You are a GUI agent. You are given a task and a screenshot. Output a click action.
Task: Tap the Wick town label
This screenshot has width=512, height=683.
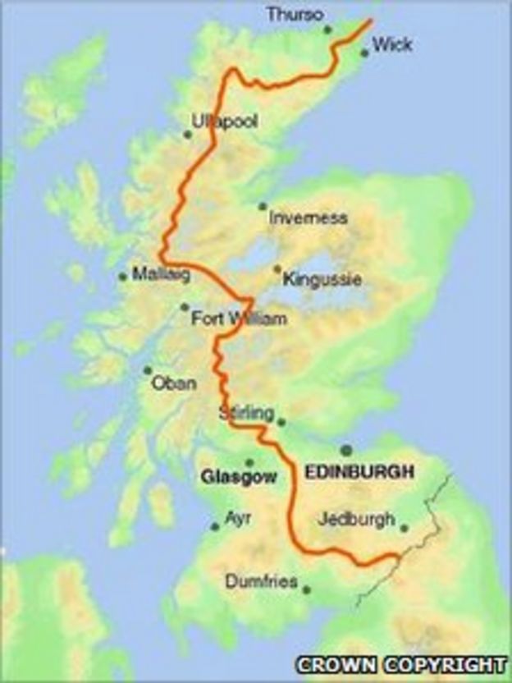click(391, 44)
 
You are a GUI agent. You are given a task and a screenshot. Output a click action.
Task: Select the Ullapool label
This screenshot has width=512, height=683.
click(224, 121)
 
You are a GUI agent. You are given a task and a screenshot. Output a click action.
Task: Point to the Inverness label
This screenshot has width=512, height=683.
click(309, 218)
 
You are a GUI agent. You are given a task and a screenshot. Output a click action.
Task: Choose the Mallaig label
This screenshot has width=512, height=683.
click(161, 275)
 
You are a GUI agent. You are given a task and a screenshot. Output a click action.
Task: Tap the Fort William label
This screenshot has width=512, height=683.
click(239, 319)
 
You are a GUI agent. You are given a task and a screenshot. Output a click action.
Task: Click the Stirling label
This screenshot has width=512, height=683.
click(245, 414)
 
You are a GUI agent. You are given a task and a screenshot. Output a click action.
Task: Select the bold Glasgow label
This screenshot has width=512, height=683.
click(239, 476)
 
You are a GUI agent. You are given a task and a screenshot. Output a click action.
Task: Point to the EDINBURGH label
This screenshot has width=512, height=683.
click(359, 472)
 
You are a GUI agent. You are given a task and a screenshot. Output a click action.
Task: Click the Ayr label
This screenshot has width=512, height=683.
click(238, 518)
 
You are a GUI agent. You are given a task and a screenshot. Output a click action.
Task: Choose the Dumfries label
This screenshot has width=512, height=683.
click(261, 582)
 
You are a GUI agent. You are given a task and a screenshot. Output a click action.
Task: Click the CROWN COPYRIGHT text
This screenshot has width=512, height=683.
click(401, 664)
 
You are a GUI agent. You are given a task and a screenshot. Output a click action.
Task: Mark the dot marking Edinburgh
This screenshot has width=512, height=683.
click(346, 450)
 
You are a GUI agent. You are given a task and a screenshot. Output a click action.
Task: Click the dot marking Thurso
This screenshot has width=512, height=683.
click(327, 30)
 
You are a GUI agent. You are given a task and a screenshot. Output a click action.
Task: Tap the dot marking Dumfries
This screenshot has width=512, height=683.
click(306, 589)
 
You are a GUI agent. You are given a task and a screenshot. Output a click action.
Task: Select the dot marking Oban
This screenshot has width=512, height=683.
click(148, 370)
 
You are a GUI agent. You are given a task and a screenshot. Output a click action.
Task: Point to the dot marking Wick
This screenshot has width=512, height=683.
click(364, 54)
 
